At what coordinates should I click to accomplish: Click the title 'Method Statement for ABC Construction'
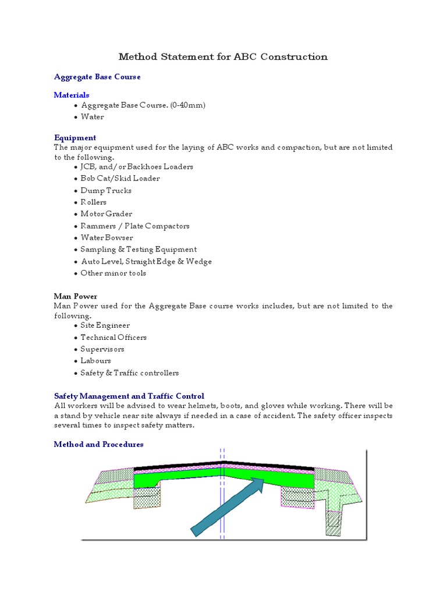pyautogui.click(x=223, y=56)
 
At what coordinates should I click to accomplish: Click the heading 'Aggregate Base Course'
pyautogui.click(x=97, y=77)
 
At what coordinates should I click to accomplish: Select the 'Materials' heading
pyautogui.click(x=72, y=95)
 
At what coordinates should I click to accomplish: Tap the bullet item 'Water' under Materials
pyautogui.click(x=92, y=117)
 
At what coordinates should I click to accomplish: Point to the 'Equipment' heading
pyautogui.click(x=75, y=138)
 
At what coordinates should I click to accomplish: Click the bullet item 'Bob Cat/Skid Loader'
pyautogui.click(x=120, y=179)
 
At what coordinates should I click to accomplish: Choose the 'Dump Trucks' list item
pyautogui.click(x=106, y=191)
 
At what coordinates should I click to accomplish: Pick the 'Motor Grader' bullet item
pyautogui.click(x=107, y=214)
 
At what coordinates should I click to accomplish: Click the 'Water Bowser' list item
pyautogui.click(x=107, y=237)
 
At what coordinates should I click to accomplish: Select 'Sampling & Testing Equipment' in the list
pyautogui.click(x=139, y=250)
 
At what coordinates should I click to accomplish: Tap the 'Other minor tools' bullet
pyautogui.click(x=113, y=274)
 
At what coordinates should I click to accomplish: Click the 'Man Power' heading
pyautogui.click(x=76, y=296)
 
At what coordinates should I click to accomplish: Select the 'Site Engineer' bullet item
pyautogui.click(x=105, y=326)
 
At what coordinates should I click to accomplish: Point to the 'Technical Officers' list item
pyautogui.click(x=113, y=338)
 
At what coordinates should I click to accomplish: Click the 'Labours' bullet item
pyautogui.click(x=95, y=361)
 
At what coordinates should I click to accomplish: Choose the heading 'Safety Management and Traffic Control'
pyautogui.click(x=129, y=396)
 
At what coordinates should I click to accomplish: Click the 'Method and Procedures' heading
pyautogui.click(x=99, y=445)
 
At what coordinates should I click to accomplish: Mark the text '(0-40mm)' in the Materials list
pyautogui.click(x=188, y=105)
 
